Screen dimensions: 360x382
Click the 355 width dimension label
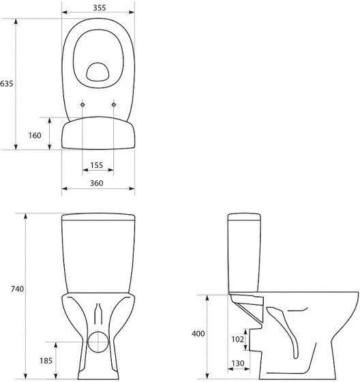[100, 8]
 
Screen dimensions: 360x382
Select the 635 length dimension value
[6, 83]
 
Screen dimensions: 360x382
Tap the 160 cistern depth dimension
[35, 135]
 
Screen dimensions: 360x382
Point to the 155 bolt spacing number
[97, 165]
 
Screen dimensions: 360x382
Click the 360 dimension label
[97, 183]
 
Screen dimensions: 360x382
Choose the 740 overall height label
[17, 289]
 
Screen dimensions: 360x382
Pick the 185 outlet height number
[46, 361]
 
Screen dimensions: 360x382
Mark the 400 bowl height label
[198, 334]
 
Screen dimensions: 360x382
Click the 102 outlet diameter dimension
[237, 339]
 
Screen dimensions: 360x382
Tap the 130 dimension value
[238, 363]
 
